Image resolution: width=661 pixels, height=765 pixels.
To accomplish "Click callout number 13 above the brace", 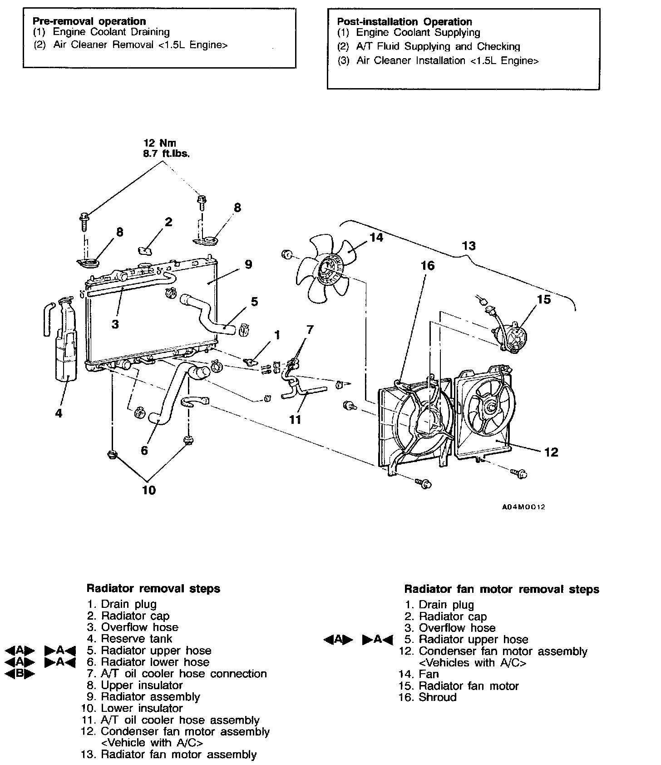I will click(x=469, y=246).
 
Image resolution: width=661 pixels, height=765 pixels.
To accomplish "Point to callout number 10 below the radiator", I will click(x=148, y=490).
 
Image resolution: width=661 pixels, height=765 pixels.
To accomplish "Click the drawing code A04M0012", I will click(x=523, y=507).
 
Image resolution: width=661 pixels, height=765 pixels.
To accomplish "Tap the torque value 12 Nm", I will click(x=159, y=143).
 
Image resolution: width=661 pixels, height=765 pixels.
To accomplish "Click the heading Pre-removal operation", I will click(x=89, y=21).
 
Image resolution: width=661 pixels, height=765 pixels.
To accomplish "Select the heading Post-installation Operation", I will click(x=404, y=22).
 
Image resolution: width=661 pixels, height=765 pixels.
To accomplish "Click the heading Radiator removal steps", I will click(x=153, y=589).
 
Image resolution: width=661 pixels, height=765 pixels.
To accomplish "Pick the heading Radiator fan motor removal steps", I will click(x=501, y=589).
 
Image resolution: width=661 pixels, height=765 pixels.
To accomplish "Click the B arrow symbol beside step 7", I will click(x=19, y=674).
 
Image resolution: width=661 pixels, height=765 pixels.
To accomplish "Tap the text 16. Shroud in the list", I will click(x=427, y=697).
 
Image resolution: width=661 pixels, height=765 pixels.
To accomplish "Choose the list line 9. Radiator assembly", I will click(x=143, y=696).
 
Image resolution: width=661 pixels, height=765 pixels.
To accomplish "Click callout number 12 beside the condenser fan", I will click(x=551, y=452).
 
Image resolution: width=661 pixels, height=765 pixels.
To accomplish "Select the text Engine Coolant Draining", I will click(x=111, y=32).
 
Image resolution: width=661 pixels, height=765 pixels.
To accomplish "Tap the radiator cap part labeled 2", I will click(x=145, y=250).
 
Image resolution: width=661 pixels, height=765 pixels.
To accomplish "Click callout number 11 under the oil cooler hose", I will click(x=295, y=419).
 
